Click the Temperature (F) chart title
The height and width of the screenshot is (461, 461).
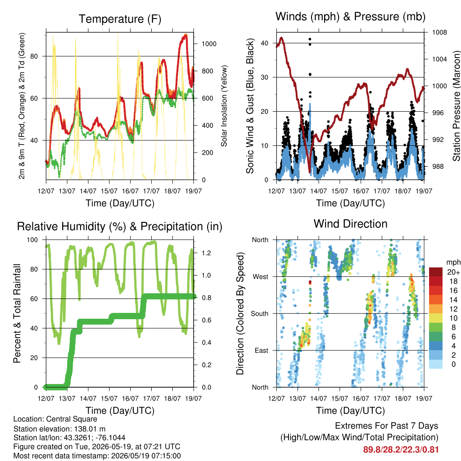pyautogui.click(x=120, y=19)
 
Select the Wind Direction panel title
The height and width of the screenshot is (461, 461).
pyautogui.click(x=350, y=224)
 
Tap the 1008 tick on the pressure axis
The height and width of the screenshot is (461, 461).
pyautogui.click(x=439, y=32)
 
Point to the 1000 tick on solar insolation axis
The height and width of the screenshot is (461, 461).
pyautogui.click(x=209, y=44)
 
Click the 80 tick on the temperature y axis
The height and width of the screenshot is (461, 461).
pyautogui.click(x=34, y=56)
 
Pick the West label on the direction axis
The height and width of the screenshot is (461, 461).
pyautogui.click(x=261, y=277)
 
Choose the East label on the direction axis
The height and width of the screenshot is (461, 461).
pyautogui.click(x=262, y=350)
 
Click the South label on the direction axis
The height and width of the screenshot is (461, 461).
pyautogui.click(x=260, y=314)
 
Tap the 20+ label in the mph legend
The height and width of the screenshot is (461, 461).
pyautogui.click(x=453, y=272)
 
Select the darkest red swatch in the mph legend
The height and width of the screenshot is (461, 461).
pyautogui.click(x=436, y=272)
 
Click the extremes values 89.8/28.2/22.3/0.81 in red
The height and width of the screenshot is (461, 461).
pyautogui.click(x=401, y=450)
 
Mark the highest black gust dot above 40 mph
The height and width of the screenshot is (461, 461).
pyautogui.click(x=310, y=39)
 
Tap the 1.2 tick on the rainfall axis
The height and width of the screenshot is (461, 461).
pyautogui.click(x=206, y=253)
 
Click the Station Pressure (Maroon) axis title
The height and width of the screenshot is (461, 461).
pyautogui.click(x=456, y=106)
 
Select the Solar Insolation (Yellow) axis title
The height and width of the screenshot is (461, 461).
pyautogui.click(x=224, y=106)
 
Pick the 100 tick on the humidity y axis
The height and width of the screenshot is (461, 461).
pyautogui.click(x=32, y=240)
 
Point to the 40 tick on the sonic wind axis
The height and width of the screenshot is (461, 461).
pyautogui.click(x=265, y=43)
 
